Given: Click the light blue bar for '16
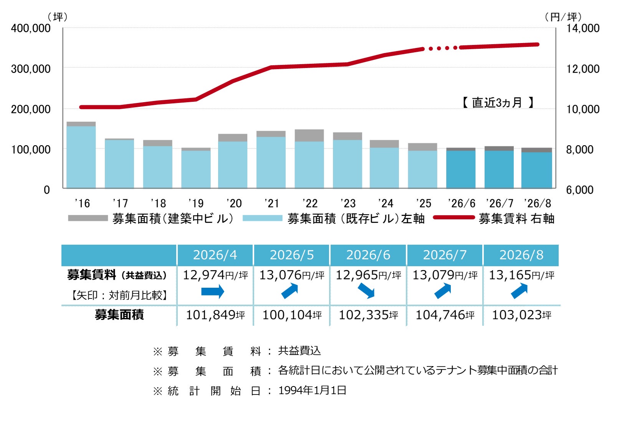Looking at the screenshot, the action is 81,157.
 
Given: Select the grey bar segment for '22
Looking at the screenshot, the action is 309,136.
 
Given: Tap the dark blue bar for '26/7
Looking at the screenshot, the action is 499,169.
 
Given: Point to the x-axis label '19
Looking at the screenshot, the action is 196,204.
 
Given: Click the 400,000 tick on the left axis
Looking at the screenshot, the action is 31,28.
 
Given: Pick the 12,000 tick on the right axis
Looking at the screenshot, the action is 583,69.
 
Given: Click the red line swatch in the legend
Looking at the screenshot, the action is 454,217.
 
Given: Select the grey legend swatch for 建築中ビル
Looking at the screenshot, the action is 88,218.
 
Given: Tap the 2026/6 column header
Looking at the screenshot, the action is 368,255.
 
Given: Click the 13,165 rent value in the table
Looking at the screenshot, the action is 510,275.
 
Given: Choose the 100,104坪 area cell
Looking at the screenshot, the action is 292,315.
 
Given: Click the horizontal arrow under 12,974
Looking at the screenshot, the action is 213,291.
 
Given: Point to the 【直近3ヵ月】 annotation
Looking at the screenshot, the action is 497,103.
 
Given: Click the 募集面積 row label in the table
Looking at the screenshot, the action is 119,315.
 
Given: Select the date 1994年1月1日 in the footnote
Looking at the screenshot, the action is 313,390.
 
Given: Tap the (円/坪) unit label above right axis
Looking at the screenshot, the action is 563,17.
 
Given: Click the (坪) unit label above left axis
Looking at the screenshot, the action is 58,17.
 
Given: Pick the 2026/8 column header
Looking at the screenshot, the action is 521,255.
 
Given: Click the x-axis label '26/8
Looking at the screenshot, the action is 537,204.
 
